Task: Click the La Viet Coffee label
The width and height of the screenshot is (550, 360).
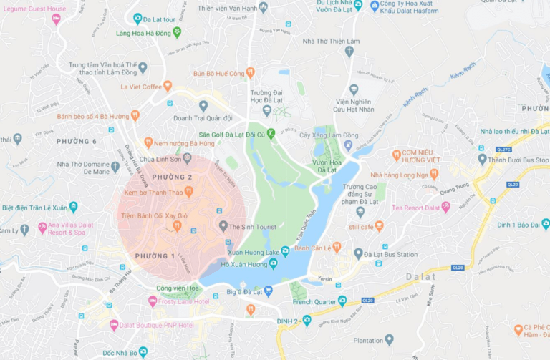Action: click(141, 87)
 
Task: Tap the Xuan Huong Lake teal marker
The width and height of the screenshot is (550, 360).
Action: click(285, 250)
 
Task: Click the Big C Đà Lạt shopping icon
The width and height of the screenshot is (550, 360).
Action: click(269, 291)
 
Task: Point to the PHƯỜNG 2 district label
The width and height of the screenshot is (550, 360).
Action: click(173, 177)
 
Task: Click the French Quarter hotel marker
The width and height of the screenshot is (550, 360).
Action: click(342, 301)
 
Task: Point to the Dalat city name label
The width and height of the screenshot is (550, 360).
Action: click(420, 276)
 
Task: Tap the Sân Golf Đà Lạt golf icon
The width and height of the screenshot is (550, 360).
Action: click(271, 134)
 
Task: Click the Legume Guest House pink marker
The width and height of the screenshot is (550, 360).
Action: click(56, 19)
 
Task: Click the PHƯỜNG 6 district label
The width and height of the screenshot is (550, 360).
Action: click(76, 141)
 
